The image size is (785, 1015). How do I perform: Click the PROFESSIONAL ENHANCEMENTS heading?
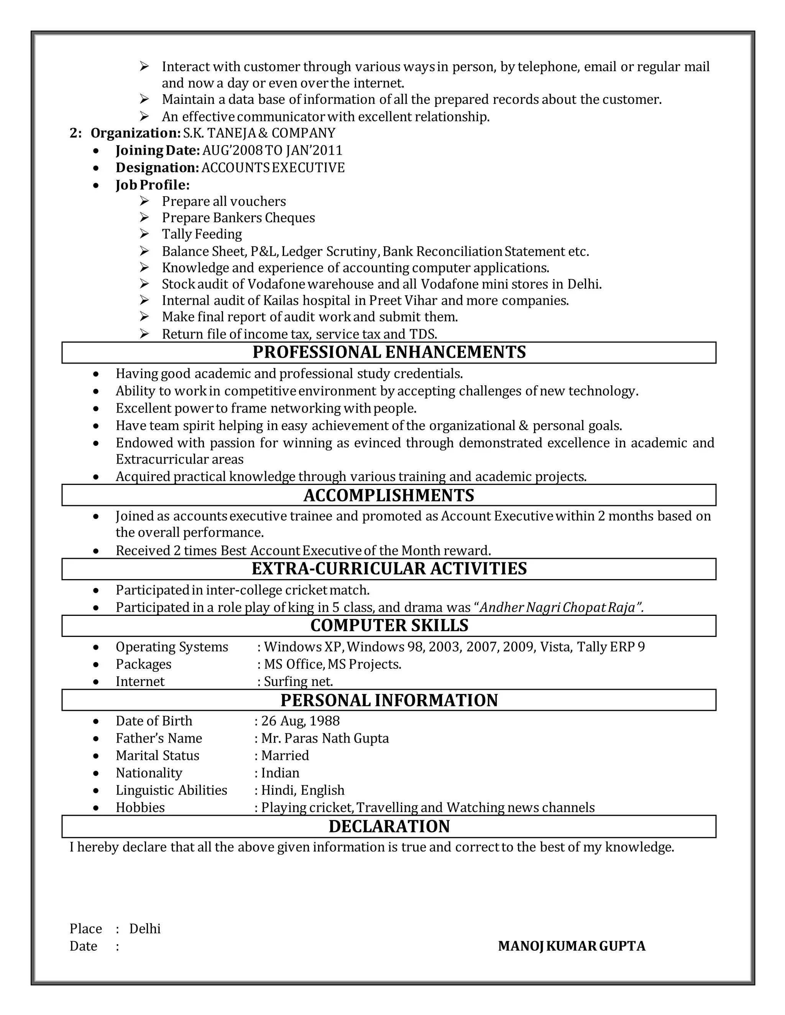[389, 352]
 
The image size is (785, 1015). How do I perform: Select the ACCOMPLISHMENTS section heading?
[389, 495]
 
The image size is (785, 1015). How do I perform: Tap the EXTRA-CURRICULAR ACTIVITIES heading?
[389, 568]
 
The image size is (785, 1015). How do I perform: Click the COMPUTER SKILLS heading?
[389, 625]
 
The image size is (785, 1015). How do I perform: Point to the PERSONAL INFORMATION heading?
[389, 700]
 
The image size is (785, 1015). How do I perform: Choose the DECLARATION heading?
[389, 826]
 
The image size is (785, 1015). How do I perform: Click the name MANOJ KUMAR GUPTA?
[572, 946]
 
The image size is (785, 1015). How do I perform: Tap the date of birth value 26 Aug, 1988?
[301, 721]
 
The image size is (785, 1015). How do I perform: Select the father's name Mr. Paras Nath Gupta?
[325, 738]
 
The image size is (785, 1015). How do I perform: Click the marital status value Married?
[285, 755]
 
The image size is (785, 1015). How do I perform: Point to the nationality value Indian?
[280, 773]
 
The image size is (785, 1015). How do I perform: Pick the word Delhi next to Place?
[145, 928]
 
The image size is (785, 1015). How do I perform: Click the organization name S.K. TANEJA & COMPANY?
[259, 133]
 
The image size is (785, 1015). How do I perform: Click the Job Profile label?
[153, 185]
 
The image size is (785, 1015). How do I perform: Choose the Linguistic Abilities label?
[171, 790]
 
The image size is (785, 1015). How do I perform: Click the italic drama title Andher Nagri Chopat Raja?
[560, 607]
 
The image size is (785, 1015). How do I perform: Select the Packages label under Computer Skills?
[143, 664]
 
